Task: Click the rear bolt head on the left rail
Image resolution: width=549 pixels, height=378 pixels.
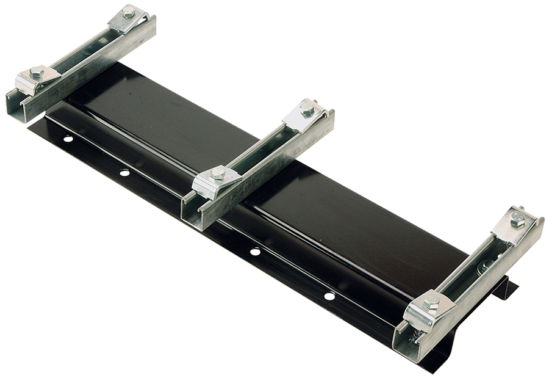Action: [x=129, y=12]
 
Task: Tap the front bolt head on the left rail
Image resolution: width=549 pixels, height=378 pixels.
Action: [x=37, y=72]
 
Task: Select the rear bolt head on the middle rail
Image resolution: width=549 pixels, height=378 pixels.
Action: [x=307, y=109]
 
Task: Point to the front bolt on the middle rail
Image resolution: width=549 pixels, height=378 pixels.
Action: [x=217, y=175]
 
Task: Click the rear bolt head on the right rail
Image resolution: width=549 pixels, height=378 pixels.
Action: [x=517, y=219]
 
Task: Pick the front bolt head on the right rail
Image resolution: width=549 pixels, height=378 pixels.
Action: [x=431, y=301]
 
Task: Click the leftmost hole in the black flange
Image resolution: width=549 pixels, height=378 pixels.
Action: [x=68, y=139]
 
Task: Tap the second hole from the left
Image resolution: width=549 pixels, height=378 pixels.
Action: [x=124, y=173]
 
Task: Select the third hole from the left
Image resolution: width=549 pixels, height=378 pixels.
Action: [x=255, y=252]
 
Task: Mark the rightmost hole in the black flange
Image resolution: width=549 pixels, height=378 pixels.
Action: [x=329, y=296]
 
